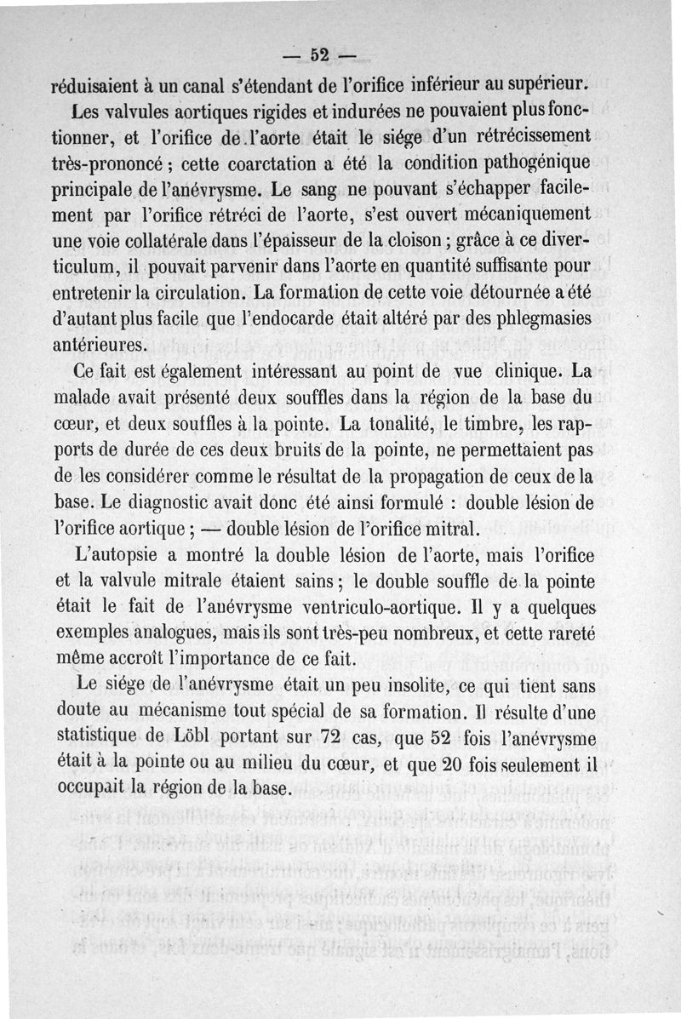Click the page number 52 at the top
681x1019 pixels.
click(x=320, y=55)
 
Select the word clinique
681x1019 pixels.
click(x=524, y=372)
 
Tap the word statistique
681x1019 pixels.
click(x=106, y=735)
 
